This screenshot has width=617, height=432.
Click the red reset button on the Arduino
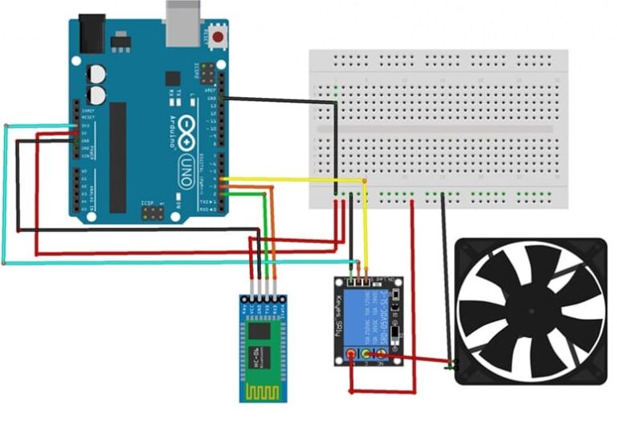click(x=217, y=36)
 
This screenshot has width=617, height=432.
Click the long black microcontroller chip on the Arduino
click(x=118, y=157)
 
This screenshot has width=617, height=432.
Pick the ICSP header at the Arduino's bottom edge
click(x=153, y=214)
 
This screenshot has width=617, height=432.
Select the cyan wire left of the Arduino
click(x=6, y=193)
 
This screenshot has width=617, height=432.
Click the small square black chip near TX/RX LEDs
click(x=173, y=79)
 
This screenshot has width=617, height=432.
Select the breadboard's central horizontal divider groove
click(x=438, y=129)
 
